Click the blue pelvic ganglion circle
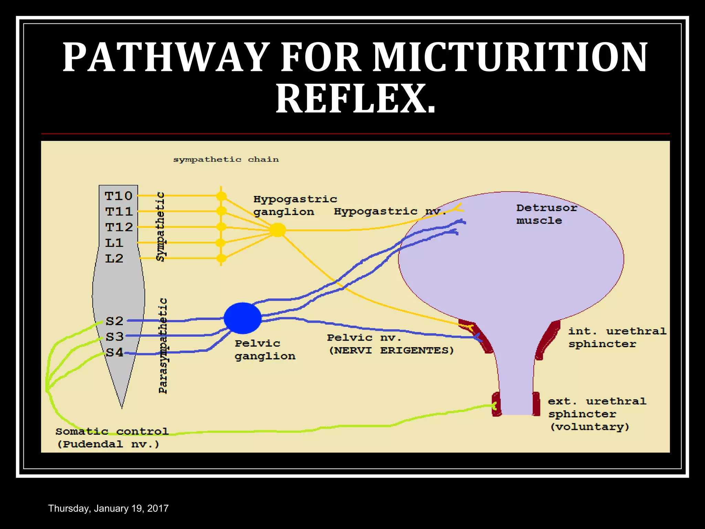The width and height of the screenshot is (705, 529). [243, 318]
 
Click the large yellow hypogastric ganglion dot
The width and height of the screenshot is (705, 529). [277, 230]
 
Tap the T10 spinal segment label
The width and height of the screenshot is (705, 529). [118, 196]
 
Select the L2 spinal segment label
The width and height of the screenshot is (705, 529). [114, 258]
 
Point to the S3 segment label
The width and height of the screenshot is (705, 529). [114, 336]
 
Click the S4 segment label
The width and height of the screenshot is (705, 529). [114, 352]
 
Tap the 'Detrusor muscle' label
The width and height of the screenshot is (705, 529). [546, 214]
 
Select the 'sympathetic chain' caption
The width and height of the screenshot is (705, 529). [226, 159]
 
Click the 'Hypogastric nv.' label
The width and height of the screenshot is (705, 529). [390, 211]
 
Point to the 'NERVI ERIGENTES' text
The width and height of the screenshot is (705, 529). [391, 350]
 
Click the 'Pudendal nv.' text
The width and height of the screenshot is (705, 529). [108, 444]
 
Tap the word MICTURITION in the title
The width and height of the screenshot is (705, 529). [510, 57]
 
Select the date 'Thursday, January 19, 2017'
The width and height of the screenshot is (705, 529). [108, 508]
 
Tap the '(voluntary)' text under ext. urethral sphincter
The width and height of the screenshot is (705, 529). [590, 427]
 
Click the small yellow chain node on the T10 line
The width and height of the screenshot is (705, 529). [221, 196]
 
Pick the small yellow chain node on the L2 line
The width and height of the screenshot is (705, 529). [221, 258]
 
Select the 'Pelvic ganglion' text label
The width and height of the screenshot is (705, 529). [265, 350]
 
